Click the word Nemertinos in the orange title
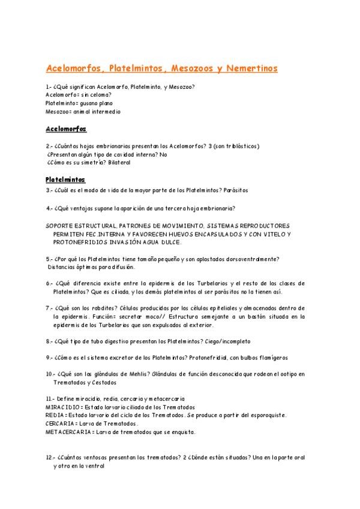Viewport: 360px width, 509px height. pyautogui.click(x=250, y=68)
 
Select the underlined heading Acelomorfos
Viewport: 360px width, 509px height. pyautogui.click(x=66, y=129)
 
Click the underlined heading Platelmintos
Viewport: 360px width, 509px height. pyautogui.click(x=66, y=179)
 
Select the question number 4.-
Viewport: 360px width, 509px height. pyautogui.click(x=49, y=208)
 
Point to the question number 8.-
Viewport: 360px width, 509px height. pyautogui.click(x=49, y=341)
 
